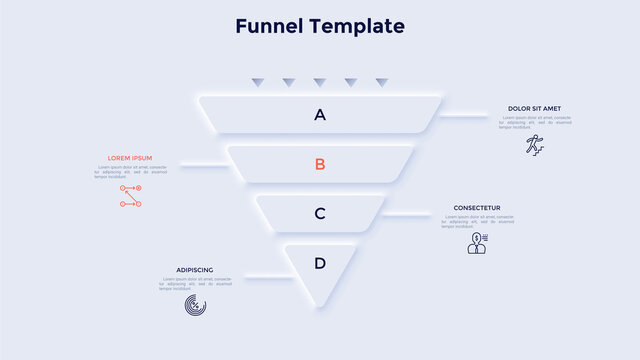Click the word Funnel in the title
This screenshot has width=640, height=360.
tap(268, 26)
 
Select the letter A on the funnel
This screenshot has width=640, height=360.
tap(320, 115)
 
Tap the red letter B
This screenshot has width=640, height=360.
tap(320, 164)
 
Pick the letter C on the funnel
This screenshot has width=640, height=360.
tap(320, 213)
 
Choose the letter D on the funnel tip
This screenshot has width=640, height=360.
tap(320, 264)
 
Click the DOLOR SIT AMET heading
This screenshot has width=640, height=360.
tap(534, 109)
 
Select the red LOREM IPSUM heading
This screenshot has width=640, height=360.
tap(130, 158)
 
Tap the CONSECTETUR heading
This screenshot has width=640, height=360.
tap(477, 208)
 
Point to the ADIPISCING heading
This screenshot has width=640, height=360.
tap(194, 270)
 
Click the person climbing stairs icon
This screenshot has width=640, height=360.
tap(536, 144)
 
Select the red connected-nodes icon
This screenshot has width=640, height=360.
tap(131, 196)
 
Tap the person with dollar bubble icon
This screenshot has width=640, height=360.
tap(477, 243)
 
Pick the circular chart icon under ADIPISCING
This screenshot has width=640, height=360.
tap(195, 306)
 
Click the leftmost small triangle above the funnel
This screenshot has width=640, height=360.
tap(258, 82)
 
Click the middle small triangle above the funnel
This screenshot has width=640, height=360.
tap(320, 82)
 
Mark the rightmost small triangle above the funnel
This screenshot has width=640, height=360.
tap(381, 82)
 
